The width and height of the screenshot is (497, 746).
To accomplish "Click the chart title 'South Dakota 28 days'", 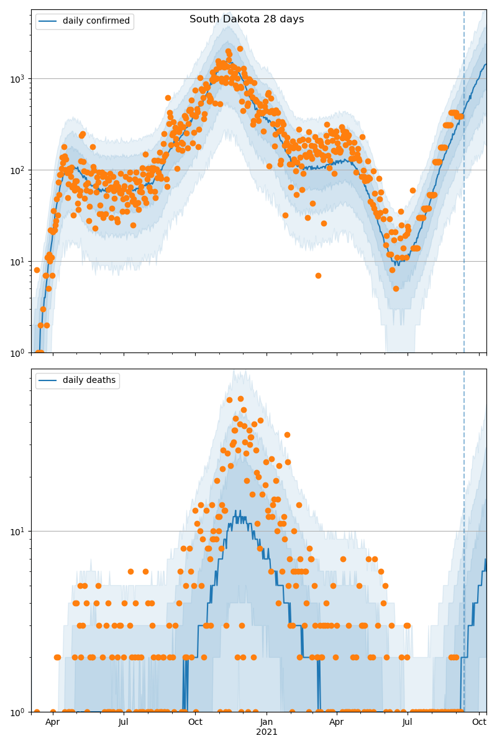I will [247, 19].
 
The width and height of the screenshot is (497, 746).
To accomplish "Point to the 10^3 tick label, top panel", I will [20, 79].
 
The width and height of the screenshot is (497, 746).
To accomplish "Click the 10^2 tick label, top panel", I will [20, 170].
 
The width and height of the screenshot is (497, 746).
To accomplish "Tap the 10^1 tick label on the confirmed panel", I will [20, 262].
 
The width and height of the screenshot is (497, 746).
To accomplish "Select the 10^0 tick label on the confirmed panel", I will [20, 352].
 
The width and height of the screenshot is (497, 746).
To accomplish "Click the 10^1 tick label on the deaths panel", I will [20, 532].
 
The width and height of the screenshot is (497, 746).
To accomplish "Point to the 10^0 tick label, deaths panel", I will [20, 711].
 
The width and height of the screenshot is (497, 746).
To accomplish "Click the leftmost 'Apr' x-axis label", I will [53, 722].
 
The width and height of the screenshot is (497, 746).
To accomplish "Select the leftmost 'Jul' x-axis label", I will [124, 722].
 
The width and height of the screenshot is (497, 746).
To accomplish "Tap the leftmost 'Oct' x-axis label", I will [195, 722].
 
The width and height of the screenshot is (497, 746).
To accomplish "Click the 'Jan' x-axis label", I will [267, 722].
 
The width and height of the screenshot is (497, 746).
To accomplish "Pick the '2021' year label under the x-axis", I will [267, 732].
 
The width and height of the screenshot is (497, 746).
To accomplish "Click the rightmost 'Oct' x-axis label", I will [479, 722].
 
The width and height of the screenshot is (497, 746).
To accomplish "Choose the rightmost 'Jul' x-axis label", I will [408, 722].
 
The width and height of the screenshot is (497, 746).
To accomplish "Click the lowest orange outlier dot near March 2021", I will [318, 275].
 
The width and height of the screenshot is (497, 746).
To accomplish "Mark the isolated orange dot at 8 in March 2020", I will [37, 270].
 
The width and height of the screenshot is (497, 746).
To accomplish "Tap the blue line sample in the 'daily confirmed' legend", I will [48, 21].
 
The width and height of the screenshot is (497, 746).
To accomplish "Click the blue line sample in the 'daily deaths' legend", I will [48, 380].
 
